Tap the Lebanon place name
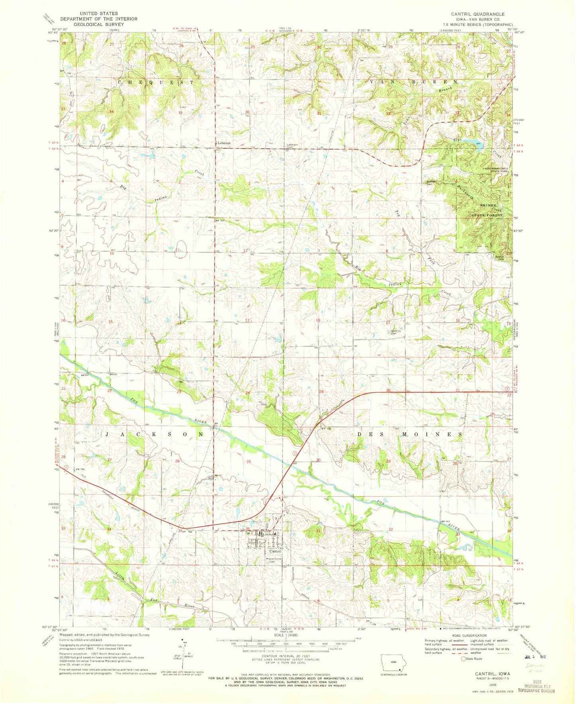[x=224, y=143]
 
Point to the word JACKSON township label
[x=156, y=434]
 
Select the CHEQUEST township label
[x=156, y=82]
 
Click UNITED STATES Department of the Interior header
[x=99, y=19]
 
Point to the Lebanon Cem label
[x=292, y=146]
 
